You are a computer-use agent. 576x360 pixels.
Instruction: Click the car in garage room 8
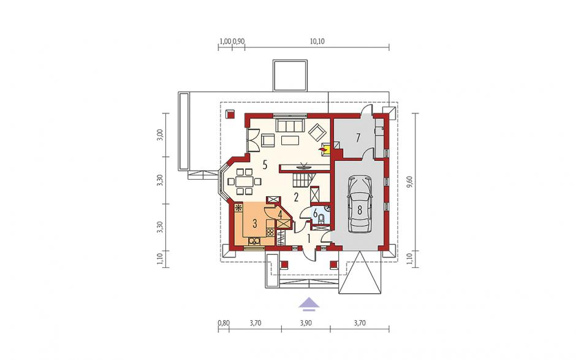point(360,204)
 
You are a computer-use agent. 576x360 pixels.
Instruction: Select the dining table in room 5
point(244,182)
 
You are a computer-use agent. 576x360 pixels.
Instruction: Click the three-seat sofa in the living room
point(290,125)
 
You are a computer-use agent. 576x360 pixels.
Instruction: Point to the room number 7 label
point(358,137)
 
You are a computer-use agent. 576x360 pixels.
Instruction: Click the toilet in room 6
point(322,219)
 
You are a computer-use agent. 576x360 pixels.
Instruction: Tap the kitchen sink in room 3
point(254,241)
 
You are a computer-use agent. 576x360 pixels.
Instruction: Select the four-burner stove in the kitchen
point(270,232)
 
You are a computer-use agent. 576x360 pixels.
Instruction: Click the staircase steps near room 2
point(303,180)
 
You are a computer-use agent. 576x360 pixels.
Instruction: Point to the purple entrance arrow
point(309,302)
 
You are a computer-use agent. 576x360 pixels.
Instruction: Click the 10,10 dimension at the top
point(317,41)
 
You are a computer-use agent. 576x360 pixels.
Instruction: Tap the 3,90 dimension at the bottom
point(306,323)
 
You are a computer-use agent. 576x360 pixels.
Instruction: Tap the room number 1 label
point(309,239)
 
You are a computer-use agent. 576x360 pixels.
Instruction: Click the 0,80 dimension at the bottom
point(224,323)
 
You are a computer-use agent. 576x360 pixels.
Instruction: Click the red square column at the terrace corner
point(230,113)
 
